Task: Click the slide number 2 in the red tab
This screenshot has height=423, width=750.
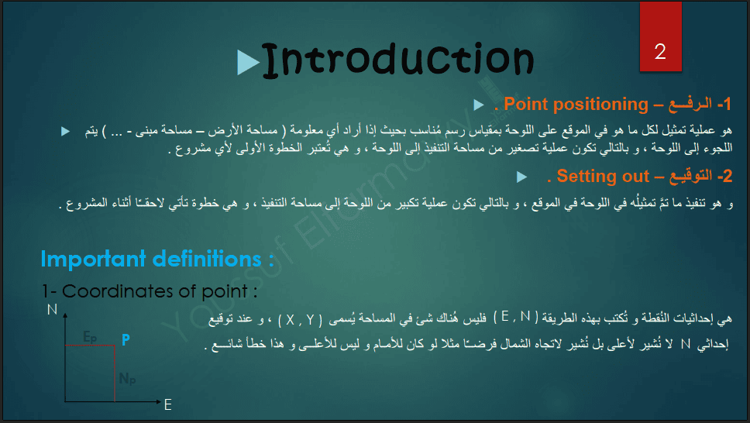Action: point(660,52)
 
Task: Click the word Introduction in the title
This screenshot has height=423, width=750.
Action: point(398,60)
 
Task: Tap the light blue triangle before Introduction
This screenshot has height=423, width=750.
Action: point(248,62)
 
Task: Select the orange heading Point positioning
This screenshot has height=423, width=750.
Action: point(576,104)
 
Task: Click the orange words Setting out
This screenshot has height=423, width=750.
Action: point(603,176)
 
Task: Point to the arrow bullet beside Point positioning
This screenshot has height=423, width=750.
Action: point(479,105)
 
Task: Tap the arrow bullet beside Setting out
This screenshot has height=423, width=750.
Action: point(522,177)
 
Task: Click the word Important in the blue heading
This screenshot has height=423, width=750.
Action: point(93,260)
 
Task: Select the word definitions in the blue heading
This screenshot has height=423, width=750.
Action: point(207,259)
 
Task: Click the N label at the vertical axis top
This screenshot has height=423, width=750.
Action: point(52,310)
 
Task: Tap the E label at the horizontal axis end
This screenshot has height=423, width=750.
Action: point(168,405)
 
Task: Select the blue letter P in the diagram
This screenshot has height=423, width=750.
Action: point(126,340)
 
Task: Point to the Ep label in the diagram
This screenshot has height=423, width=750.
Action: point(90,337)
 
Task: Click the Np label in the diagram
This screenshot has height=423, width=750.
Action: point(127,379)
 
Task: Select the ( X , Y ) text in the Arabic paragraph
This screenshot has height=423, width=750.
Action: point(301,320)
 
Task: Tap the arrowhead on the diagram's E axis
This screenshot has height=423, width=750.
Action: point(159,402)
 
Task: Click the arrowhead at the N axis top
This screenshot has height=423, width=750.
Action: point(65,315)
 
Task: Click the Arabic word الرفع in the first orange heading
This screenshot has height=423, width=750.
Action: point(690,104)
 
